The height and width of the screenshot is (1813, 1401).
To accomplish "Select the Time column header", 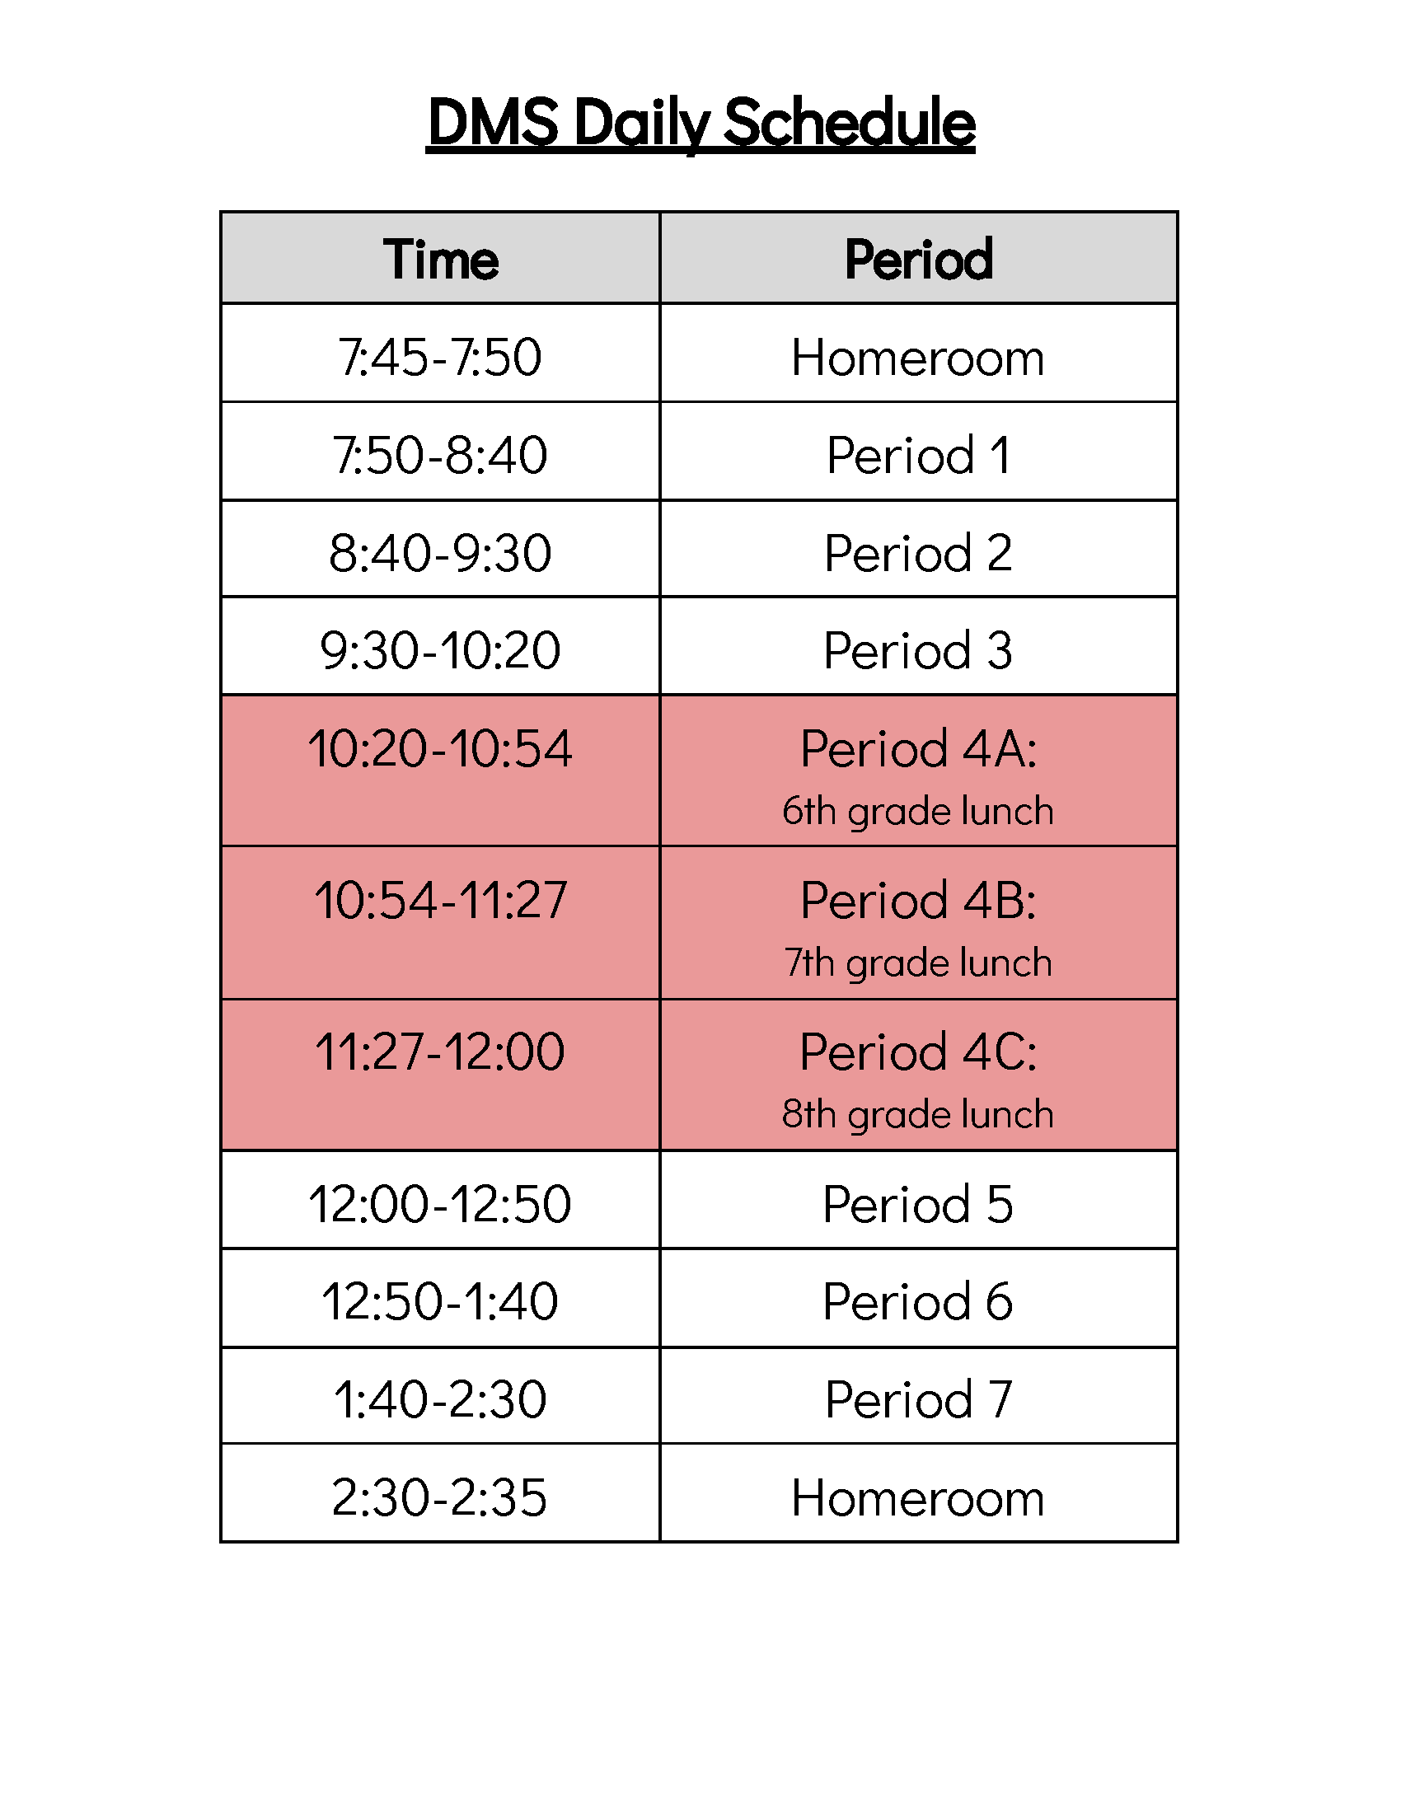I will pos(441,259).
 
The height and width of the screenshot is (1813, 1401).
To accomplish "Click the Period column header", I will pos(919,259).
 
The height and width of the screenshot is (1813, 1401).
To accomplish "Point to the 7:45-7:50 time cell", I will pos(440,357).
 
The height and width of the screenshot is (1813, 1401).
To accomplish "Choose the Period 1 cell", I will pos(919,455).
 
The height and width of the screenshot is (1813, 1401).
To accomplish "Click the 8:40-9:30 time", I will pos(440,552).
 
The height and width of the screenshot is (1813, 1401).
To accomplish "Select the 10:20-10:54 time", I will pos(440,748).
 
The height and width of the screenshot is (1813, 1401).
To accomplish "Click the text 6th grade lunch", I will pos(918,811).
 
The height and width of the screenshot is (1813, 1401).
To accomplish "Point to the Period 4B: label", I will pos(918,900).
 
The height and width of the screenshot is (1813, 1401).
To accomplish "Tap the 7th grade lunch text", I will pos(918,963).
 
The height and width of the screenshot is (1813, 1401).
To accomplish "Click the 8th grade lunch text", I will pos(918,1114).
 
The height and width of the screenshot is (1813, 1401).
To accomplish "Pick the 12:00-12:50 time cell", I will pos(440,1204).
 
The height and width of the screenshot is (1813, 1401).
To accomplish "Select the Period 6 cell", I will pos(918,1300).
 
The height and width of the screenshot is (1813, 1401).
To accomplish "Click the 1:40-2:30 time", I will pos(440,1398).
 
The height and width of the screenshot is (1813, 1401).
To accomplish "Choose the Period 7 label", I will pos(919,1398).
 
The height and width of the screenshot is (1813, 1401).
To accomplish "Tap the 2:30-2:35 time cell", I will pos(440,1497).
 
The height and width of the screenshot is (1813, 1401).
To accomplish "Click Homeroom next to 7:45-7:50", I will pos(918,358).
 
